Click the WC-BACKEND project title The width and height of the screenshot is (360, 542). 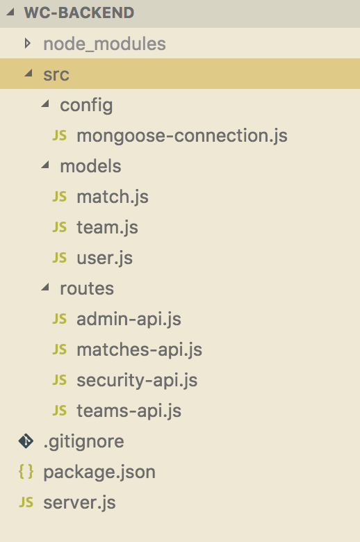(x=79, y=13)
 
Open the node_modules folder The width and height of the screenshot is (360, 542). (x=104, y=44)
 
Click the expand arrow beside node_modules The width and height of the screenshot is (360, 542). (x=27, y=44)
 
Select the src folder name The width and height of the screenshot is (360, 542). (x=56, y=74)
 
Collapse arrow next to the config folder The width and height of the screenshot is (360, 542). (x=45, y=104)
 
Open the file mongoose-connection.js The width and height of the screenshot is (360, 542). (x=182, y=135)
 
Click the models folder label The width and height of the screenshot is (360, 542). (x=90, y=166)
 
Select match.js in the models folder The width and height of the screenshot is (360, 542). (x=113, y=197)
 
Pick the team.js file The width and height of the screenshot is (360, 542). (x=107, y=227)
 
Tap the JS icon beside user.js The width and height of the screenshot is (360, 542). (x=60, y=258)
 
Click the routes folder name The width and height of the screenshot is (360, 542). (x=87, y=288)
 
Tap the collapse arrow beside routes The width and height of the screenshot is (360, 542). (x=45, y=287)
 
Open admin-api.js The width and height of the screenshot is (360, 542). (x=129, y=319)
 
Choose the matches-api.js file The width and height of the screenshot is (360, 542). (x=140, y=350)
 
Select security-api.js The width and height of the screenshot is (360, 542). (x=137, y=380)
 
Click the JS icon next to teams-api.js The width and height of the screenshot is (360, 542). (x=60, y=410)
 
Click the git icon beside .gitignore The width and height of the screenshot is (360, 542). (x=26, y=441)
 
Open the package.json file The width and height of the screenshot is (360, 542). (x=99, y=473)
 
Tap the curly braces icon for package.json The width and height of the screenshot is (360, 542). (x=26, y=472)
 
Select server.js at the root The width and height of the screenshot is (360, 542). (x=79, y=502)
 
